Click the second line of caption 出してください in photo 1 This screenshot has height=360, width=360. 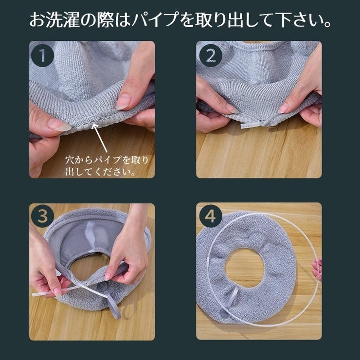pyautogui.click(x=100, y=172)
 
